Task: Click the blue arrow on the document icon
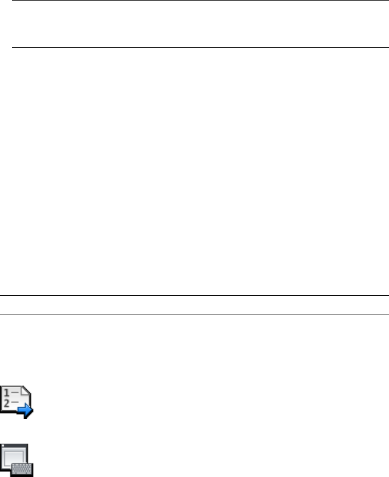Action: click(x=25, y=412)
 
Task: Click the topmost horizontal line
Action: click(x=200, y=1)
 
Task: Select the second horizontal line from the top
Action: click(x=200, y=47)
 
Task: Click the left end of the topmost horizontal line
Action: click(x=13, y=1)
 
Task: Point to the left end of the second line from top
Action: click(x=13, y=47)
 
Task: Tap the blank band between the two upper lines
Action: click(x=200, y=24)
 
